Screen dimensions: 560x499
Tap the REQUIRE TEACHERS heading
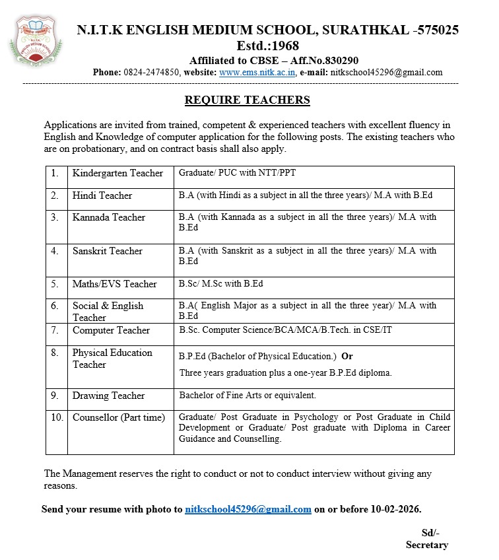click(247, 100)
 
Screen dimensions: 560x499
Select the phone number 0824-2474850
click(152, 73)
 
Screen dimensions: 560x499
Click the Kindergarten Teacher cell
click(117, 174)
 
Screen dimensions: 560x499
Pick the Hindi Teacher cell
click(102, 195)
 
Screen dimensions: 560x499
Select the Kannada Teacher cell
click(109, 217)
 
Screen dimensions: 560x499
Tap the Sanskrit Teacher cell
click(108, 251)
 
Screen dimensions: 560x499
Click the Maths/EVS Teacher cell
click(115, 284)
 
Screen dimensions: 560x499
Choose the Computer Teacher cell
click(111, 330)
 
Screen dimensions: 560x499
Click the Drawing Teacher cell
click(108, 396)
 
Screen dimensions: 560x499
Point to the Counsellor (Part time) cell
click(119, 417)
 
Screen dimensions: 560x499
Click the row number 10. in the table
click(56, 417)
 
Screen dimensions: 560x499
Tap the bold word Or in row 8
click(347, 356)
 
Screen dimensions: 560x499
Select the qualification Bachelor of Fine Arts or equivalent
click(248, 396)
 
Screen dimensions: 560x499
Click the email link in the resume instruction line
click(248, 509)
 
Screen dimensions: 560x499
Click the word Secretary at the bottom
click(427, 545)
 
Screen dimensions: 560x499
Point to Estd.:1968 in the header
click(267, 46)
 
